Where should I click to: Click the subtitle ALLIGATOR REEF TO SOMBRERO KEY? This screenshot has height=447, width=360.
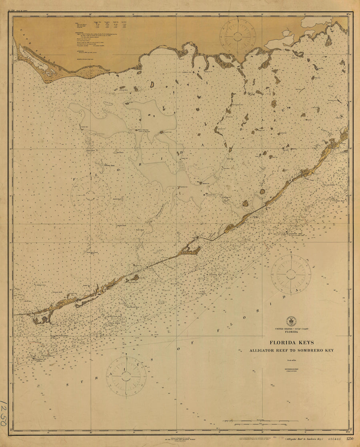(x=292, y=350)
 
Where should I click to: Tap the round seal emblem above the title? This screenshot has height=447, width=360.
(x=291, y=321)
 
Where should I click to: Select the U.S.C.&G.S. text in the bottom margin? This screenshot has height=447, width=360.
(x=334, y=439)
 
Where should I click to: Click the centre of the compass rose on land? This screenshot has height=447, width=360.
(x=238, y=36)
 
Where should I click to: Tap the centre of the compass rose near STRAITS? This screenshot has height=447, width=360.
(x=126, y=376)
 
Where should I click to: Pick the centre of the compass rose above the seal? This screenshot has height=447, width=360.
(x=291, y=274)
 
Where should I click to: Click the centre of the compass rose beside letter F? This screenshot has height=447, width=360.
(x=91, y=195)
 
